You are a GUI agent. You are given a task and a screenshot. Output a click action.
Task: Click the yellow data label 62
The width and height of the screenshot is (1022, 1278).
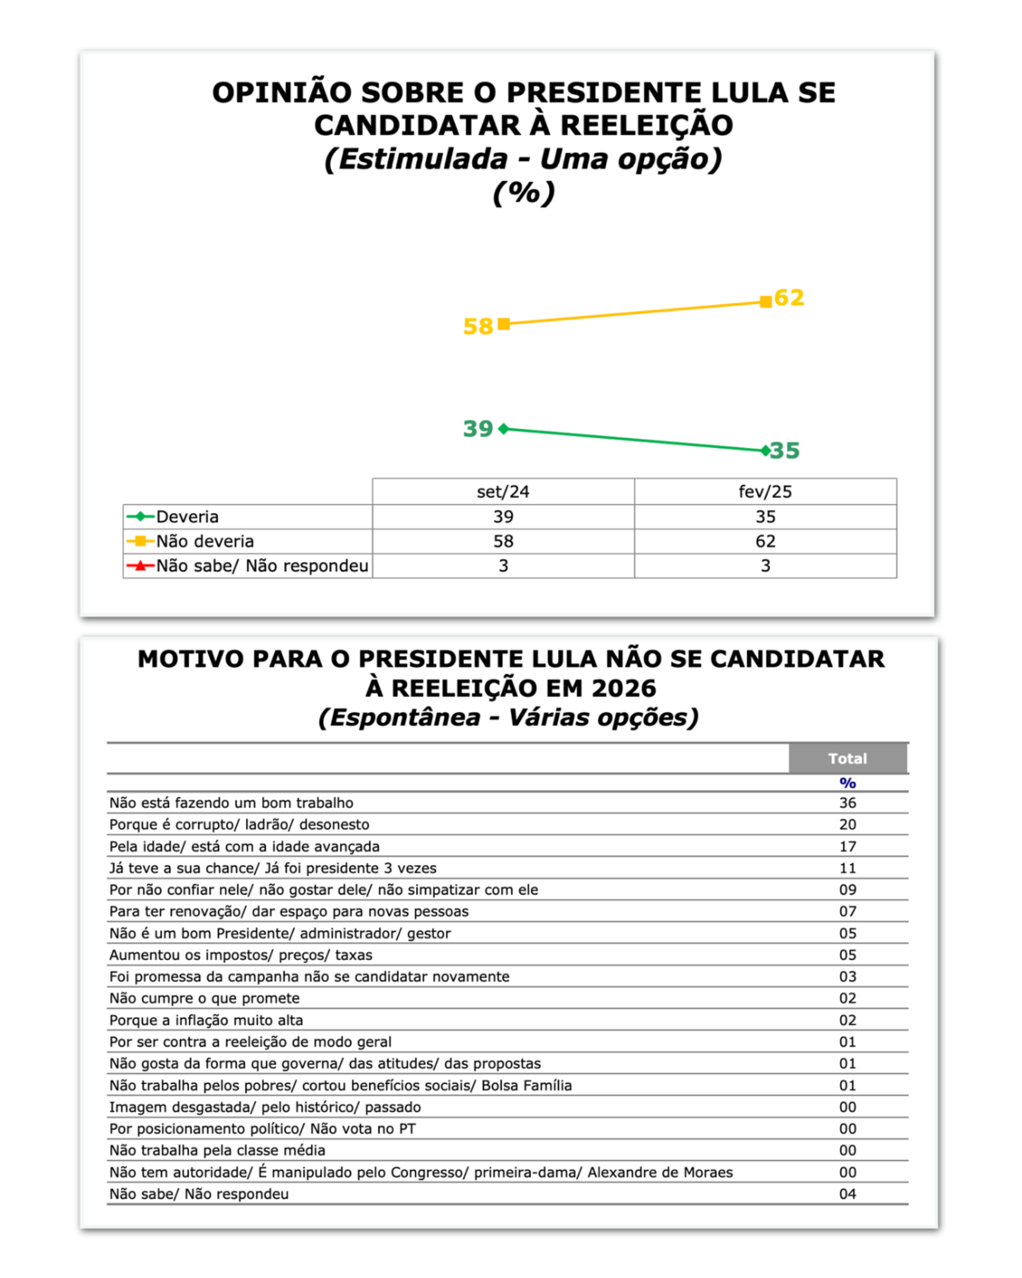point(789,298)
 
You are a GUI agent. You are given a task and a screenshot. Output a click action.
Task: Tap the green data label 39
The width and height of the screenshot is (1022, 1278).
point(477,429)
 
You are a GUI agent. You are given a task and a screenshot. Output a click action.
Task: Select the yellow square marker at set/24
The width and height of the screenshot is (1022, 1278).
point(504,323)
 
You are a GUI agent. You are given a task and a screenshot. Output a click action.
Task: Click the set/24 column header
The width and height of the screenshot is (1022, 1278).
point(503,491)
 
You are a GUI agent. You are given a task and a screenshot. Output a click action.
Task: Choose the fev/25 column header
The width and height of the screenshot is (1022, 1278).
point(765,491)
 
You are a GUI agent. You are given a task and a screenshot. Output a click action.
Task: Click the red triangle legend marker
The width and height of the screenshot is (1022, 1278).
point(140,566)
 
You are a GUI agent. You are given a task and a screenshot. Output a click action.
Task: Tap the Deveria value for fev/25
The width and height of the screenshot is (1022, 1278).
point(765,517)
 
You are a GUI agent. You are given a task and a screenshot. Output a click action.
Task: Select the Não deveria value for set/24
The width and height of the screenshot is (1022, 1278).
point(503,541)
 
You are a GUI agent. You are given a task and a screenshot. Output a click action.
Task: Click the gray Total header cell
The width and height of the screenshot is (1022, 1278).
point(847,758)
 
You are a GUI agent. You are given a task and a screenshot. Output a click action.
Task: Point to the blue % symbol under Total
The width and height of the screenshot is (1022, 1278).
point(847,783)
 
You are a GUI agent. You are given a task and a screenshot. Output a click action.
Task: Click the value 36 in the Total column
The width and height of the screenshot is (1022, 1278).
point(847,803)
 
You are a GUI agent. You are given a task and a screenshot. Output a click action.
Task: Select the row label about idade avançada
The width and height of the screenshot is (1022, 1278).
point(244,847)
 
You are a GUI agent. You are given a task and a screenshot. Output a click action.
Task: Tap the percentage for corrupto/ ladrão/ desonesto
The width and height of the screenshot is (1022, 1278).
point(847,824)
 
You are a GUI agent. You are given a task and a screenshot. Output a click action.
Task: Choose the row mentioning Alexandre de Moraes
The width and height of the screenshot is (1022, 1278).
point(421,1172)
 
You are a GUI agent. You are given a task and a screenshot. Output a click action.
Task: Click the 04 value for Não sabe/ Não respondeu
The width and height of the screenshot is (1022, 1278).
point(847,1194)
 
